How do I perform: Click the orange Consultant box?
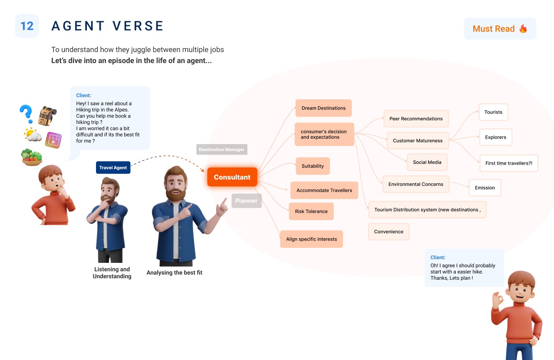[x=232, y=177]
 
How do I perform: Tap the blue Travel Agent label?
[x=113, y=168]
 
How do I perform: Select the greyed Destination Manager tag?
[x=222, y=150]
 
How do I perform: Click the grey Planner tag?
[x=246, y=201]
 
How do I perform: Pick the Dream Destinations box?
[x=324, y=108]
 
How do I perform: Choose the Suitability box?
[x=313, y=166]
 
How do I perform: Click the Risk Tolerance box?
[x=311, y=212]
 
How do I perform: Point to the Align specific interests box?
[x=311, y=239]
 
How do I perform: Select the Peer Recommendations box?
[x=416, y=119]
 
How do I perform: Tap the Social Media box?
[x=427, y=162]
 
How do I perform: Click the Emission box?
[x=485, y=188]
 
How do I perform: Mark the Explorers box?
[x=495, y=137]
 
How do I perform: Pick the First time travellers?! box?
[x=509, y=163]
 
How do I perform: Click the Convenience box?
[x=388, y=232]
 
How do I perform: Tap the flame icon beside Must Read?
[x=523, y=29]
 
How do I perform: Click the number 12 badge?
[x=27, y=26]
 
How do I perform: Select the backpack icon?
[x=48, y=116]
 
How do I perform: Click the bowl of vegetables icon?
[x=32, y=157]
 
